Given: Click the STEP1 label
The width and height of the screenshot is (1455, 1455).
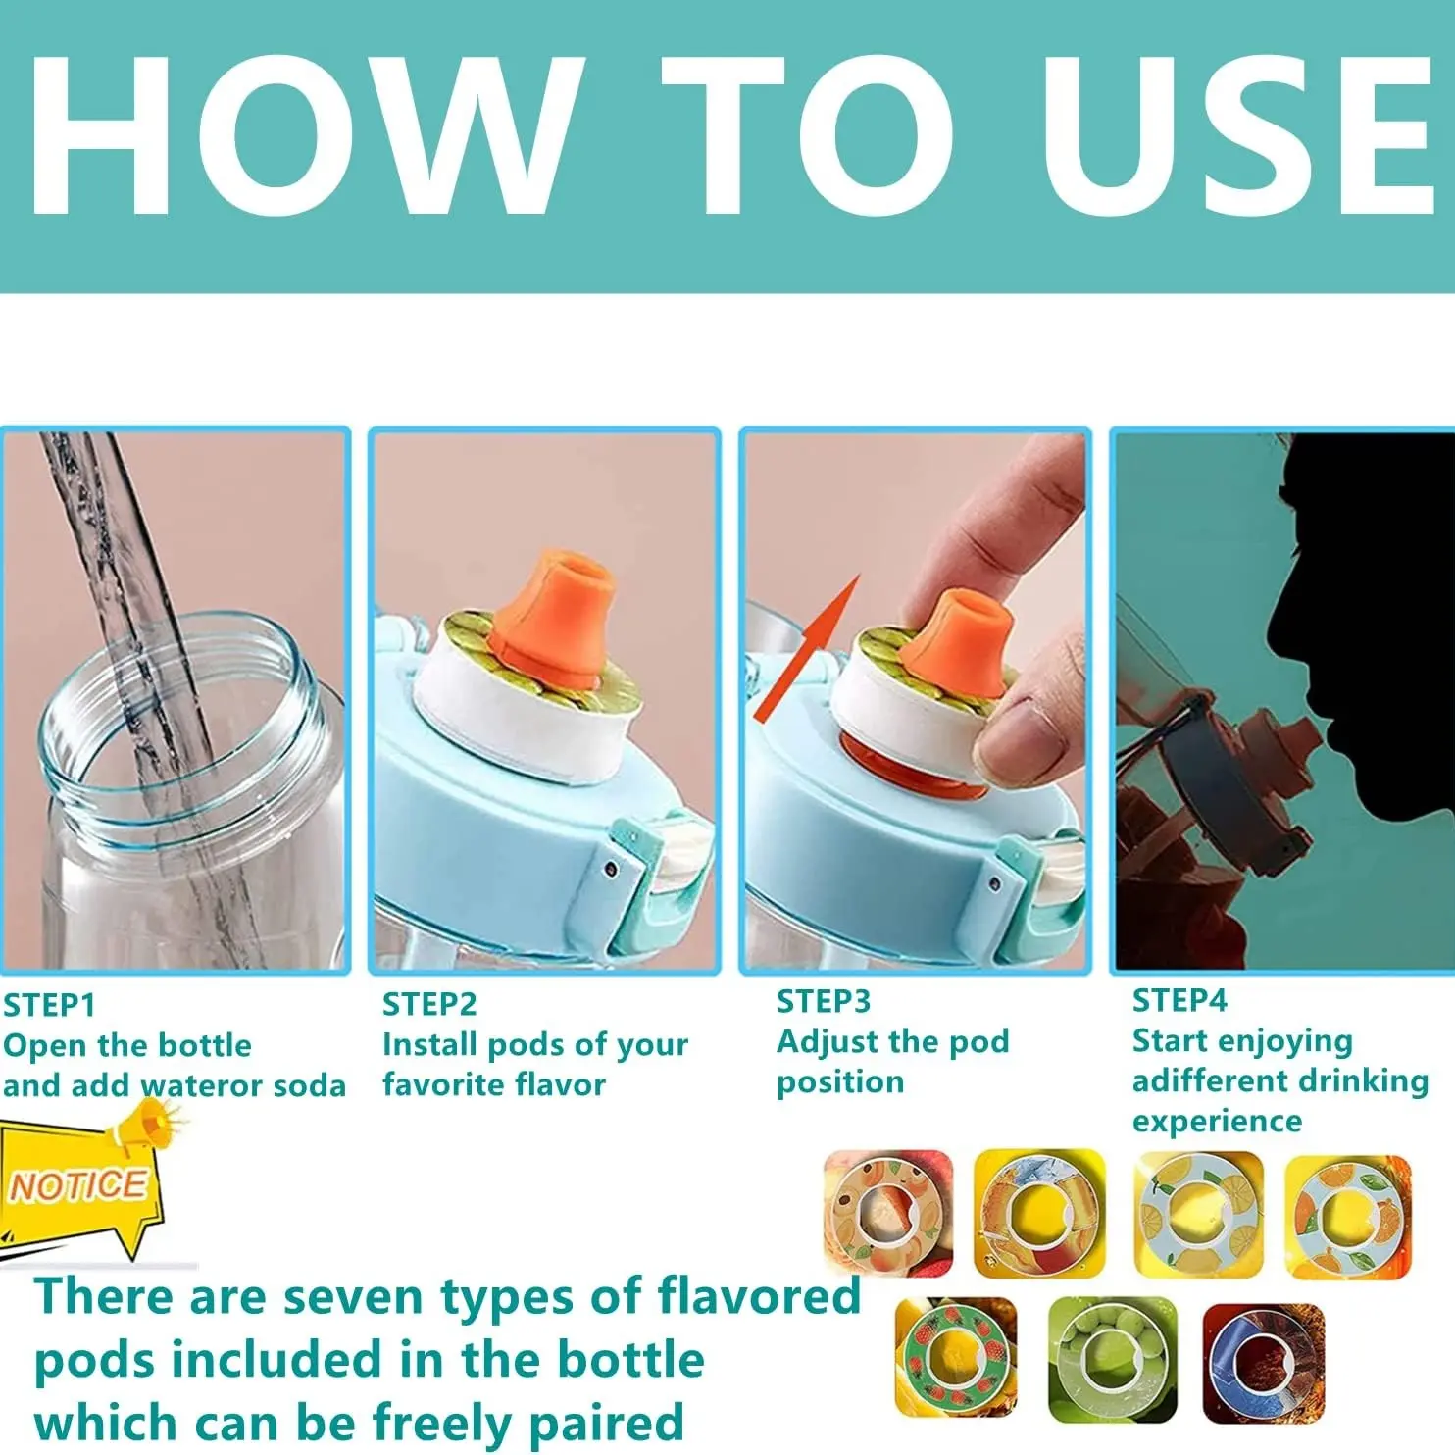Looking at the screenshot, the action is pos(49,1005).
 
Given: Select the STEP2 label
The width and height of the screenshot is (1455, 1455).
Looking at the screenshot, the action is pos(429,1004).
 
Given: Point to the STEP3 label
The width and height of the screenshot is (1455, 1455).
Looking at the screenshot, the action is pos(824,1001).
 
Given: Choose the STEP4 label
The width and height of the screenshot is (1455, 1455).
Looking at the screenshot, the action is pos(1179,1000).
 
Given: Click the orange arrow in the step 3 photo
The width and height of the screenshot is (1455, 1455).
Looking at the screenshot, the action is pos(806,649).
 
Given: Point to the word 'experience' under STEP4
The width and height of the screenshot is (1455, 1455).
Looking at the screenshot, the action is pos(1217,1121).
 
